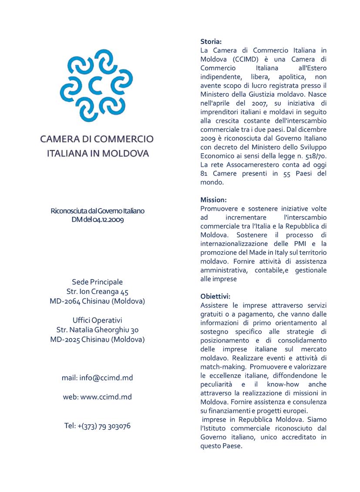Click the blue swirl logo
click(x=96, y=85)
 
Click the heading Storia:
click(x=211, y=42)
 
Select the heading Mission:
click(x=214, y=200)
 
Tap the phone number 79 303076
click(x=114, y=426)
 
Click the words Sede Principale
click(x=98, y=282)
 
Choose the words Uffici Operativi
click(x=98, y=320)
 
